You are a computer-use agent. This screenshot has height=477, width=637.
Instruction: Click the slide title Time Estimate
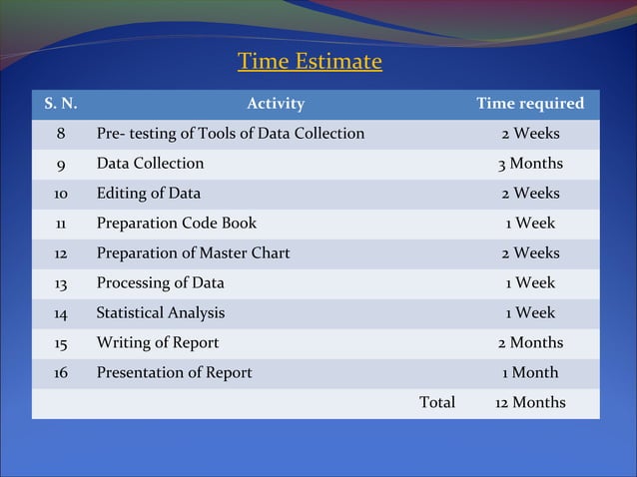pos(310,62)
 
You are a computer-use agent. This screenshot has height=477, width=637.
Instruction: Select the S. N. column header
pos(61,104)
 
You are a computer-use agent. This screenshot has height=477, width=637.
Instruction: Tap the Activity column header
pos(276,104)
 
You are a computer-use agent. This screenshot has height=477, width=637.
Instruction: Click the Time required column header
pos(530,104)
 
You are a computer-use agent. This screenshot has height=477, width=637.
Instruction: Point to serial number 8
pos(61,134)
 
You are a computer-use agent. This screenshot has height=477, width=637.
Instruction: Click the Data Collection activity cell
pos(150,164)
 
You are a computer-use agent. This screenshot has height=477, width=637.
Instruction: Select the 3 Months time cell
pos(530,164)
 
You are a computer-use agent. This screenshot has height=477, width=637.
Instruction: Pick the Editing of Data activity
pos(148,194)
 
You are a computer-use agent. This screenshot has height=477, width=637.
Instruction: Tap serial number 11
pos(61,224)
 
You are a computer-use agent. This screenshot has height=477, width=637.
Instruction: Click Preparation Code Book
pos(176,224)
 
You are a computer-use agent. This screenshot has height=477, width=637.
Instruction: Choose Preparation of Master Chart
pos(193,253)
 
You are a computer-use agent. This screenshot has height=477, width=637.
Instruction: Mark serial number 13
pos(61,283)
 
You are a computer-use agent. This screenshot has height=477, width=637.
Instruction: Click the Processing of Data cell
pos(160,283)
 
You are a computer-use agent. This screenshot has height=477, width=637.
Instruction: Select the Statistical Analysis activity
pos(160,313)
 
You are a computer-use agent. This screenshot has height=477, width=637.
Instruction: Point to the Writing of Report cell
pos(157,343)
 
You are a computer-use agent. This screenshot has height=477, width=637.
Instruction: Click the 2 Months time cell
pos(530,343)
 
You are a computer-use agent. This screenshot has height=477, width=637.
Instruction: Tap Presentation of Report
pos(174,373)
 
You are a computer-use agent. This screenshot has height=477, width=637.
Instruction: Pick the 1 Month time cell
pos(530,373)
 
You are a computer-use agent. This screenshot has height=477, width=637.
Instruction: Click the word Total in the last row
pos(437,403)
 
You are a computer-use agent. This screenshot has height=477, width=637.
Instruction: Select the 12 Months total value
pos(530,403)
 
